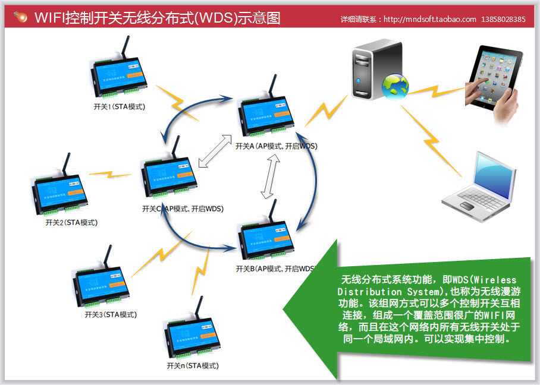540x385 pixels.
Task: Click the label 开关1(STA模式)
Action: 120,107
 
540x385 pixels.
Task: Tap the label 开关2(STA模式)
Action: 71,223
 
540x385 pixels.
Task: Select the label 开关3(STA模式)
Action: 111,314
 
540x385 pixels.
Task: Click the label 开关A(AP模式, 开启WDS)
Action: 276,146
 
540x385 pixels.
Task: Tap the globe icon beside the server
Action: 394,86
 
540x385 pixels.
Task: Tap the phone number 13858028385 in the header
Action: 504,19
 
